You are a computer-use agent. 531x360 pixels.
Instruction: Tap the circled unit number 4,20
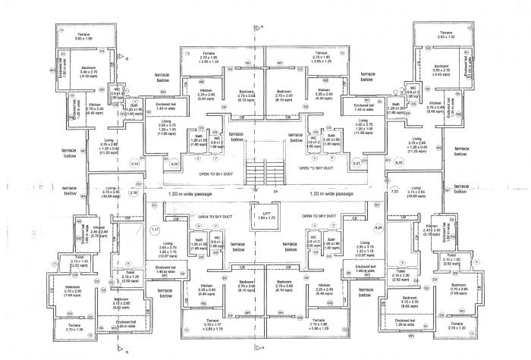[x=174, y=163]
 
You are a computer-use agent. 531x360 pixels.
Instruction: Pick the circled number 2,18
[x=134, y=193]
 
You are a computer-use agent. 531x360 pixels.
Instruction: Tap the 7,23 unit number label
[x=395, y=193]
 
